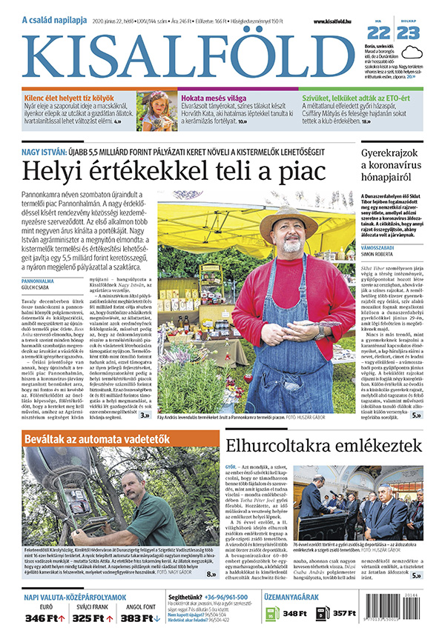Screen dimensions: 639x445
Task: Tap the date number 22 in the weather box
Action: click(378, 33)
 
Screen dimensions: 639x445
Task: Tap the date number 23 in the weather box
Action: click(407, 33)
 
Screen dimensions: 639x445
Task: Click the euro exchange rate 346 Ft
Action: click(42, 618)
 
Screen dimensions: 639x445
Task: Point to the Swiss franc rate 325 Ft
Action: click(88, 618)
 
